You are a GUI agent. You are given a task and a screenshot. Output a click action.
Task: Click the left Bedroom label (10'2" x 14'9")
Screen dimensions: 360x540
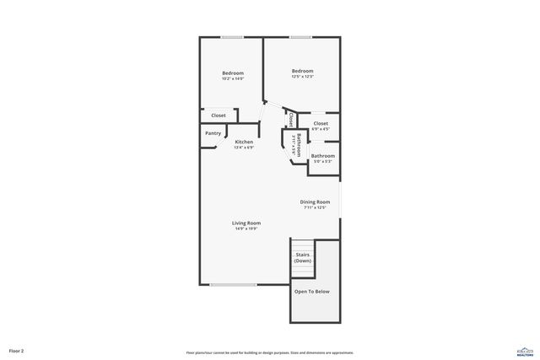(233, 73)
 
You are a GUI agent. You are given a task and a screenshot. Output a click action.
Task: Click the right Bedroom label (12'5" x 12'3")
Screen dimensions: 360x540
(303, 71)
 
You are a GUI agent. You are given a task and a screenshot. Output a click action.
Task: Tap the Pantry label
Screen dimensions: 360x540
(213, 133)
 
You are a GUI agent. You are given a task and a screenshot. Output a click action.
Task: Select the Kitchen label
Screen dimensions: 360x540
(244, 142)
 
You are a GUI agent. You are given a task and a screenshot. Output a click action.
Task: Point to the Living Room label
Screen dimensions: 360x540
(246, 223)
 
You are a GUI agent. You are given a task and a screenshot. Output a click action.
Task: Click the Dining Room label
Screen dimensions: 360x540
(316, 201)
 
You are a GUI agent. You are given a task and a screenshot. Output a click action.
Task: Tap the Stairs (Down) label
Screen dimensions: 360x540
(302, 257)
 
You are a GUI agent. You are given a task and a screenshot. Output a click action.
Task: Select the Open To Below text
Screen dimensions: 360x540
(311, 292)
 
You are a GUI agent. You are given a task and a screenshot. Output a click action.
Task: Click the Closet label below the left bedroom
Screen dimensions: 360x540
(218, 116)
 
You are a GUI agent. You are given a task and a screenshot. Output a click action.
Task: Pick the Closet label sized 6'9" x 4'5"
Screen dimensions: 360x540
(321, 124)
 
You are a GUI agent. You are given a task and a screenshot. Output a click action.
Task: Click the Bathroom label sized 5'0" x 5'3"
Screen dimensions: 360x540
(323, 156)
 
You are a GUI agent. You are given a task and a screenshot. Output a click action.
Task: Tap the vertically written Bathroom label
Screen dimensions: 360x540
(299, 144)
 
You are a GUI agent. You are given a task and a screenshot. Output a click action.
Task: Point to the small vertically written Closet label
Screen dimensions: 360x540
(291, 120)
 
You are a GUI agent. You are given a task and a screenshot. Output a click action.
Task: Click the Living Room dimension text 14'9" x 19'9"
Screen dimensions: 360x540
(246, 228)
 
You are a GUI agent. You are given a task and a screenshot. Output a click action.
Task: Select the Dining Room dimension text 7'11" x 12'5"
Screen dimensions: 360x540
(315, 207)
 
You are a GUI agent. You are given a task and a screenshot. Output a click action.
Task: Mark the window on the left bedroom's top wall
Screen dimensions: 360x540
(232, 37)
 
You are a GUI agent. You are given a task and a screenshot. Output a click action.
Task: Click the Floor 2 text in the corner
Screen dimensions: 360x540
(17, 351)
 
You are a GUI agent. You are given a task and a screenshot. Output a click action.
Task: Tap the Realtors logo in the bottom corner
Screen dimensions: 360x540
(525, 350)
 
